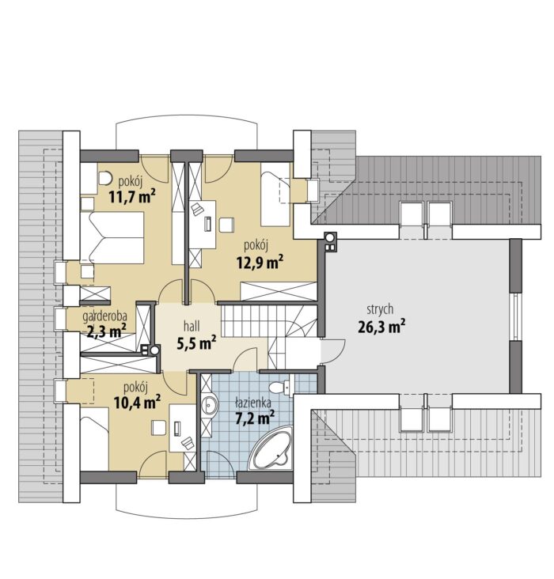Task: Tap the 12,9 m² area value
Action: pyautogui.click(x=260, y=262)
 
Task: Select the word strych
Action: pyautogui.click(x=380, y=310)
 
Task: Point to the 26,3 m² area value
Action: pyautogui.click(x=381, y=326)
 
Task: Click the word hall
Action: pyautogui.click(x=192, y=326)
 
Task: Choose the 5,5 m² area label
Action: pyautogui.click(x=196, y=342)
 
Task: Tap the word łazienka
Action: pyautogui.click(x=254, y=402)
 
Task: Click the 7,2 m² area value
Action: pyautogui.click(x=255, y=417)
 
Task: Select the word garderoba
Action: pyautogui.click(x=105, y=316)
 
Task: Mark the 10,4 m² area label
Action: pyautogui.click(x=137, y=402)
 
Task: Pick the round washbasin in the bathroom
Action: pyautogui.click(x=210, y=406)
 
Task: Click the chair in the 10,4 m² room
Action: pyautogui.click(x=159, y=427)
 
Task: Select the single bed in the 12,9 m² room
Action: pyautogui.click(x=275, y=199)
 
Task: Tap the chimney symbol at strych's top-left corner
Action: pyautogui.click(x=330, y=242)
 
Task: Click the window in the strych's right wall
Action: pyautogui.click(x=515, y=316)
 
